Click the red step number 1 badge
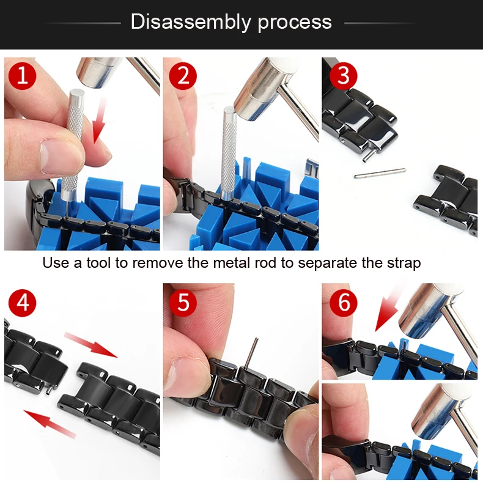coord(23,76)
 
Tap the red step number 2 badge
coord(183,76)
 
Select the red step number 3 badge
coord(343,76)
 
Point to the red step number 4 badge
coord(23,302)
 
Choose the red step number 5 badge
coord(183,302)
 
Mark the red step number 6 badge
coord(343,302)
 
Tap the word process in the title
coord(295,23)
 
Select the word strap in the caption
coord(404,264)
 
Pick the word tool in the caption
coord(98,263)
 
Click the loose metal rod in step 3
coord(380,174)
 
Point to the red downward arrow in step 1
coord(100,120)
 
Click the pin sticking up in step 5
coord(251,353)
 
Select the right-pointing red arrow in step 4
coord(91,345)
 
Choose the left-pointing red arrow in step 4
coord(50,424)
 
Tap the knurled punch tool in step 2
coord(229,154)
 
